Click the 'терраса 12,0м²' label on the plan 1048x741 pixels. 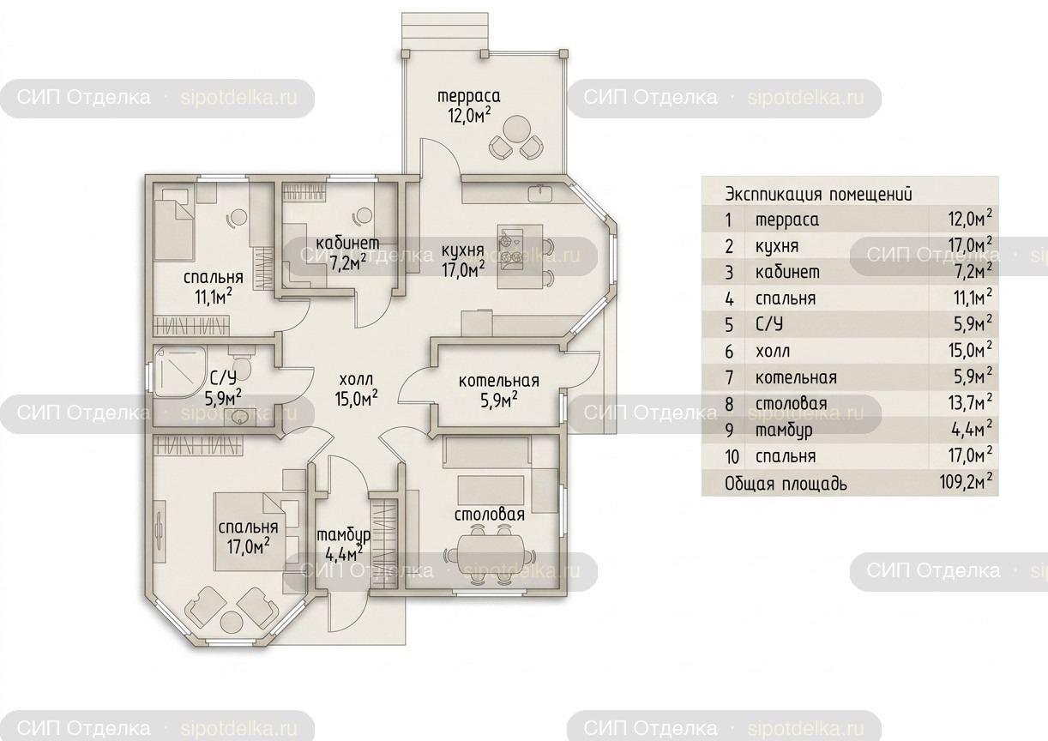pyautogui.click(x=469, y=106)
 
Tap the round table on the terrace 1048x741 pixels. pyautogui.click(x=516, y=128)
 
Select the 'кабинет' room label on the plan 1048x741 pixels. pyautogui.click(x=347, y=244)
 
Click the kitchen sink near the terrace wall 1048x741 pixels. pyautogui.click(x=540, y=191)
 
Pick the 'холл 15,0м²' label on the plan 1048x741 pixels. pyautogui.click(x=356, y=389)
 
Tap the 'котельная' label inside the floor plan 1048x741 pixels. pyautogui.click(x=499, y=381)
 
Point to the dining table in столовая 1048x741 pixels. pyautogui.click(x=491, y=557)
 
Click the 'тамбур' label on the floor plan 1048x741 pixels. pyautogui.click(x=343, y=535)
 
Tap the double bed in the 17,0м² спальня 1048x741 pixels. pyautogui.click(x=250, y=532)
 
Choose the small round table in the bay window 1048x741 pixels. pyautogui.click(x=232, y=622)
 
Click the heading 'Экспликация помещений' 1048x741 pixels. pyautogui.click(x=819, y=194)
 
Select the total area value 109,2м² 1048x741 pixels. pyautogui.click(x=966, y=481)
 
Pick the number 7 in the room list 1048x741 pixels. pyautogui.click(x=729, y=377)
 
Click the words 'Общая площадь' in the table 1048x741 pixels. pyautogui.click(x=786, y=484)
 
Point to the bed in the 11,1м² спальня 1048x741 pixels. pyautogui.click(x=172, y=222)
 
